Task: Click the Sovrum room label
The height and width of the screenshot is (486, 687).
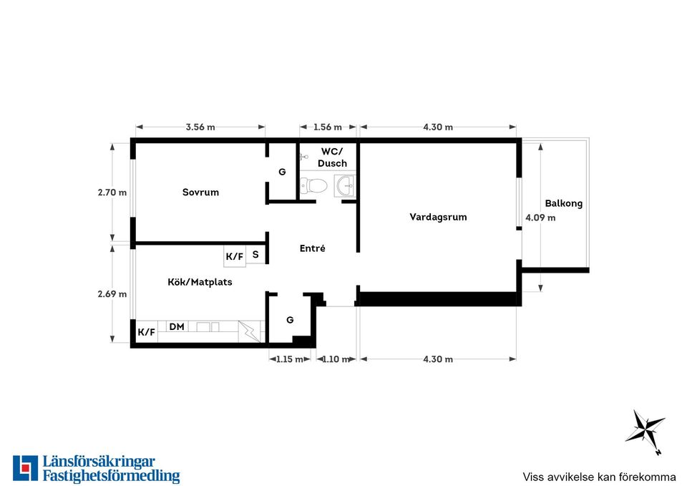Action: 200,192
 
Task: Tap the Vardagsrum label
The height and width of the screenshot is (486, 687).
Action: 438,217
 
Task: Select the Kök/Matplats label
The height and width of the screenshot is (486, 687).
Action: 200,282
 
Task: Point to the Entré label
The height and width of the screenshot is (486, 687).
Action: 313,248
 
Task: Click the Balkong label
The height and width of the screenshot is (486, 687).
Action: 564,203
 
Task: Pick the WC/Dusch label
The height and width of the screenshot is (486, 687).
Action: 332,157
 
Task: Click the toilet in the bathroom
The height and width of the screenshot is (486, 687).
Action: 314,186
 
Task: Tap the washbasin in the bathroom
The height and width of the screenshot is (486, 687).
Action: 344,186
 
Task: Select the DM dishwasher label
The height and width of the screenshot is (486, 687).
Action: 177,326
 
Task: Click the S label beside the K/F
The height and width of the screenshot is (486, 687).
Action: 255,254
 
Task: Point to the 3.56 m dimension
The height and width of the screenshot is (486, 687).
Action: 200,127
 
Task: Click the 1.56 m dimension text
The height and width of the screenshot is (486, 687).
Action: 327,127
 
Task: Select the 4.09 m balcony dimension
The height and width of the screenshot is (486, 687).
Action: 540,218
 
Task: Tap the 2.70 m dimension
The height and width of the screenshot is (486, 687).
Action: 112,192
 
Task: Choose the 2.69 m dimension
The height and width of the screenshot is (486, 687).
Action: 112,293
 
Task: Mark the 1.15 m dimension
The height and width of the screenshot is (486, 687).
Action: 290,359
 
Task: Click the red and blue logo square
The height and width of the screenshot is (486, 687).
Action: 26,468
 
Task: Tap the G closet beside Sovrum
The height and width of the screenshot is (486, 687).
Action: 282,172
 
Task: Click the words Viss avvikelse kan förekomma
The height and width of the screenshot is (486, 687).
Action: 599,477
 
